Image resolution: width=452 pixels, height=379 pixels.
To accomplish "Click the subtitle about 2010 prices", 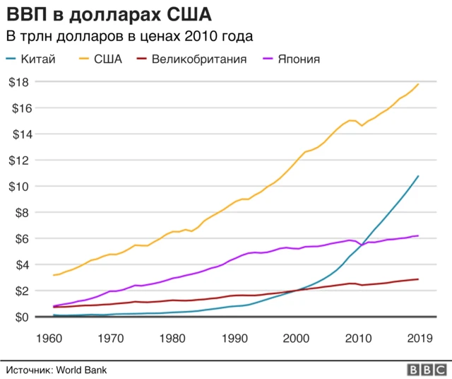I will coord(129,36).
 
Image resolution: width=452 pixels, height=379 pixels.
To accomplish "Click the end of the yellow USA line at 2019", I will coord(418,84).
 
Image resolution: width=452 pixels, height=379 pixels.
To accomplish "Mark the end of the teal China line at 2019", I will coord(418,176).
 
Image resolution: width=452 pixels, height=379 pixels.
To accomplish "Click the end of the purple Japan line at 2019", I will coord(418,236).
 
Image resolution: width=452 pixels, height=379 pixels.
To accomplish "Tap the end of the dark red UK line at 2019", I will coord(418,279).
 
